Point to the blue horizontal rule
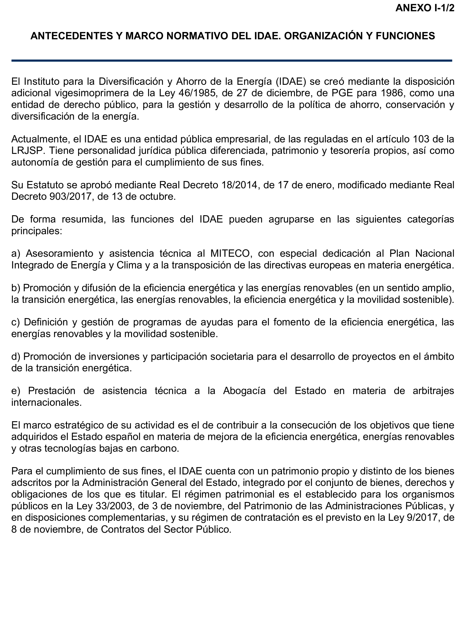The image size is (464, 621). [232, 60]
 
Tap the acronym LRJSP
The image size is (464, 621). [28, 151]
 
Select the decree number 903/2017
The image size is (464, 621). [71, 196]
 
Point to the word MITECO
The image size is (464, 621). [230, 253]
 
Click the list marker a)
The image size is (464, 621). [16, 253]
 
